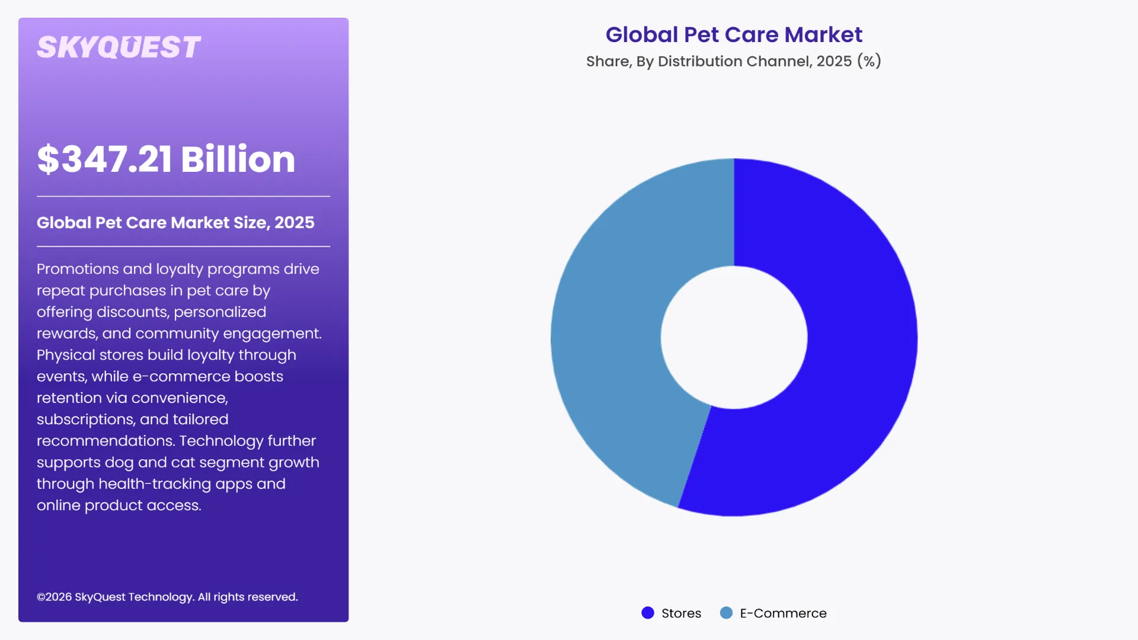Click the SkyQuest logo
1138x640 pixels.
(119, 47)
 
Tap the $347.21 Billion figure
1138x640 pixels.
(166, 159)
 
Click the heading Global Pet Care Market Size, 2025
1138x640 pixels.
(175, 223)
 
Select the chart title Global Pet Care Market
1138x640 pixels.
(734, 35)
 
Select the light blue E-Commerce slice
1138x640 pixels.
(610, 332)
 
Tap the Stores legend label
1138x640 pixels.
(681, 613)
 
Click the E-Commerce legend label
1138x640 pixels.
(783, 613)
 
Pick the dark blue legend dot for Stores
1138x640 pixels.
(648, 613)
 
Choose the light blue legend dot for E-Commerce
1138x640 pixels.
(726, 613)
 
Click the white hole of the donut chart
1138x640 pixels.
(734, 337)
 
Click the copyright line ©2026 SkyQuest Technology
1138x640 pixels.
(167, 597)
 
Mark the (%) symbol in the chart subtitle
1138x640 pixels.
(869, 62)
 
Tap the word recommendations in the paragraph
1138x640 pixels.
(105, 441)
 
